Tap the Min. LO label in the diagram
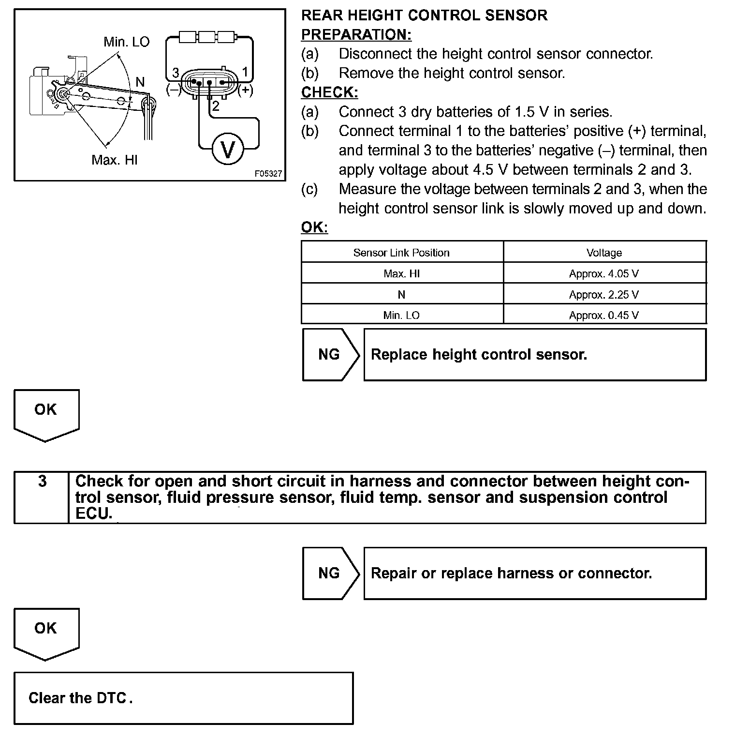127,42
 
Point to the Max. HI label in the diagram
115,160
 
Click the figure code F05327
268,173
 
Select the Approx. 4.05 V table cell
604,273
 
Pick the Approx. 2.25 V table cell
604,294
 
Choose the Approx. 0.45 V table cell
604,315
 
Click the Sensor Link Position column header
401,253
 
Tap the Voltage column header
604,253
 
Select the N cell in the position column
401,294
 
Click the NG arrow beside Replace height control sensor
331,355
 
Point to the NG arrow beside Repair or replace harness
331,573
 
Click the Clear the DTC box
183,698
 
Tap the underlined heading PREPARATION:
356,34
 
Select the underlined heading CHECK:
329,92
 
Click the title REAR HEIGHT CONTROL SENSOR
424,15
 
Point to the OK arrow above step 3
46,414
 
